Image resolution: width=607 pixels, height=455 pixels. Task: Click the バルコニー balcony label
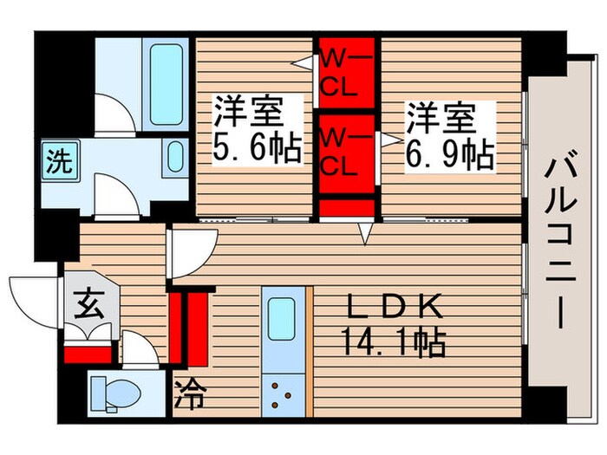[x=556, y=244]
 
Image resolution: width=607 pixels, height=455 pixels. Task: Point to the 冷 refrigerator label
[x=191, y=398]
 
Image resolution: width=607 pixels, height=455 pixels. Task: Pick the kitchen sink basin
[x=283, y=318]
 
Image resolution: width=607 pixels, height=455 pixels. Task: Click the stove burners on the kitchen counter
[x=283, y=393]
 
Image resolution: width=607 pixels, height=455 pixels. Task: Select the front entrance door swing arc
[x=35, y=299]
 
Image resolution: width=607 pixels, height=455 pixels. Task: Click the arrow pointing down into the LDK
[x=367, y=233]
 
